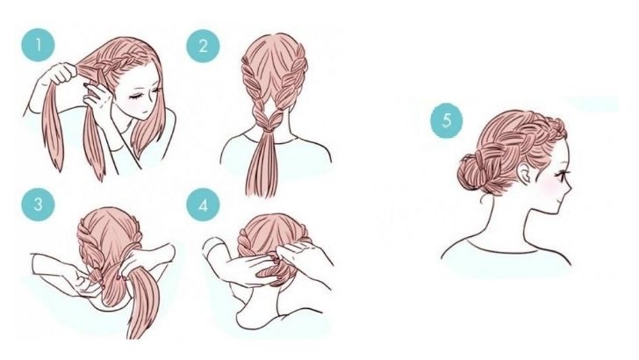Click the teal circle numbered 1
[x=38, y=45]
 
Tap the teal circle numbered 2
[x=203, y=46]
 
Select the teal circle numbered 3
[x=38, y=204]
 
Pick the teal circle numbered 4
[x=203, y=205]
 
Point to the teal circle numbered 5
[x=447, y=120]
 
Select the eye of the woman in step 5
[x=564, y=176]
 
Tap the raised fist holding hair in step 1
[x=61, y=74]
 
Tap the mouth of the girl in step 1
[x=142, y=112]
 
